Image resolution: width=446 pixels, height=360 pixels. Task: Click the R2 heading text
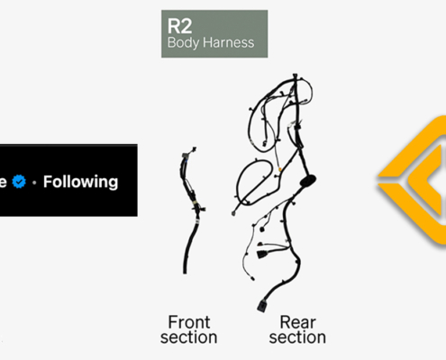pyautogui.click(x=179, y=26)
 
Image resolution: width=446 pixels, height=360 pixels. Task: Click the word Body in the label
pyautogui.click(x=183, y=42)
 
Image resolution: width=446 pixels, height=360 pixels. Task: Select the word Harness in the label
pyautogui.click(x=229, y=42)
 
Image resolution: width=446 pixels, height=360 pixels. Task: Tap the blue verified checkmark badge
pyautogui.click(x=19, y=182)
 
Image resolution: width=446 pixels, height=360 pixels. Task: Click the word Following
pyautogui.click(x=81, y=182)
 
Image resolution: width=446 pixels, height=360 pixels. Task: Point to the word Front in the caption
pyautogui.click(x=189, y=322)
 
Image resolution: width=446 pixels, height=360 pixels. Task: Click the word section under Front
pyautogui.click(x=188, y=337)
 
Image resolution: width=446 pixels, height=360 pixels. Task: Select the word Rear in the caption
pyautogui.click(x=297, y=322)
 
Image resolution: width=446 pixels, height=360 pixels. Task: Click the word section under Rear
pyautogui.click(x=297, y=337)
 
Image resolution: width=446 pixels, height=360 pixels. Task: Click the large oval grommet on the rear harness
pyautogui.click(x=308, y=181)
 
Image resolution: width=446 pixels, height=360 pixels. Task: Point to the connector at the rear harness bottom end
pyautogui.click(x=261, y=306)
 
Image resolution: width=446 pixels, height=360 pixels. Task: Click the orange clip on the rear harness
pyautogui.click(x=280, y=169)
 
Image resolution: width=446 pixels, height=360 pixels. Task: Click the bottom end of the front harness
pyautogui.click(x=185, y=272)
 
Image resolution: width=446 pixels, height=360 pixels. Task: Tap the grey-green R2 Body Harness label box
pyautogui.click(x=214, y=33)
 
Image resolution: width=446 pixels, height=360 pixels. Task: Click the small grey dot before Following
pyautogui.click(x=34, y=182)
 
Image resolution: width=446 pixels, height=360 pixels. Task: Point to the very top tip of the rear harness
pyautogui.click(x=295, y=74)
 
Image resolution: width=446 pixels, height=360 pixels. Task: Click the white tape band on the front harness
pyautogui.click(x=197, y=221)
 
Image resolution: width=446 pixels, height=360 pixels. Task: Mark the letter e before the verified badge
pyautogui.click(x=4, y=182)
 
